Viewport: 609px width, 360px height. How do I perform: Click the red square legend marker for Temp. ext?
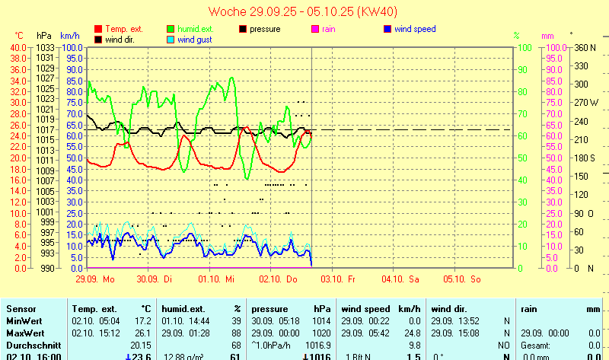(97, 29)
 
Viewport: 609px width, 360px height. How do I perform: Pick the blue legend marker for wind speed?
(387, 29)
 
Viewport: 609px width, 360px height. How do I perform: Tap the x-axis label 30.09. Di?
(159, 279)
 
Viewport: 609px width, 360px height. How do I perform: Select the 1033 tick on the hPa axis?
(45, 47)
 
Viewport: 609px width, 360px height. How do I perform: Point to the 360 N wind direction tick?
(585, 47)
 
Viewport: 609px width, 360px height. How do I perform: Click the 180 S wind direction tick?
(585, 158)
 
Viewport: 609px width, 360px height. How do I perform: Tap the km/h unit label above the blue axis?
(69, 36)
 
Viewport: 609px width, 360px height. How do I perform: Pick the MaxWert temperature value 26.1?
(142, 333)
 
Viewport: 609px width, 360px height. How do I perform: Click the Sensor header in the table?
(21, 309)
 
